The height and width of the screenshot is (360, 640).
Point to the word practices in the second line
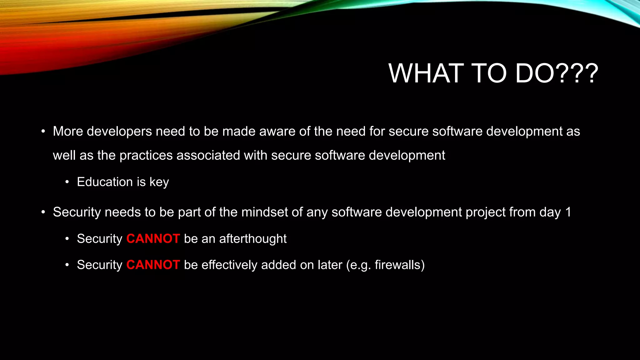(146, 155)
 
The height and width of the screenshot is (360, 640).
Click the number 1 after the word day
(568, 212)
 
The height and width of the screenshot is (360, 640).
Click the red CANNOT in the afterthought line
(153, 239)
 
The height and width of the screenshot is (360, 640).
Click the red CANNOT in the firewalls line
(153, 265)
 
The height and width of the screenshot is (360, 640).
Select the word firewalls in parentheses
(397, 265)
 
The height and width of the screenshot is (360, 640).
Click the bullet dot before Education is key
(67, 182)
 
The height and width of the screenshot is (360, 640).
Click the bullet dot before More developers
(43, 132)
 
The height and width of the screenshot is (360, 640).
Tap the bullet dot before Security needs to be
(43, 212)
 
